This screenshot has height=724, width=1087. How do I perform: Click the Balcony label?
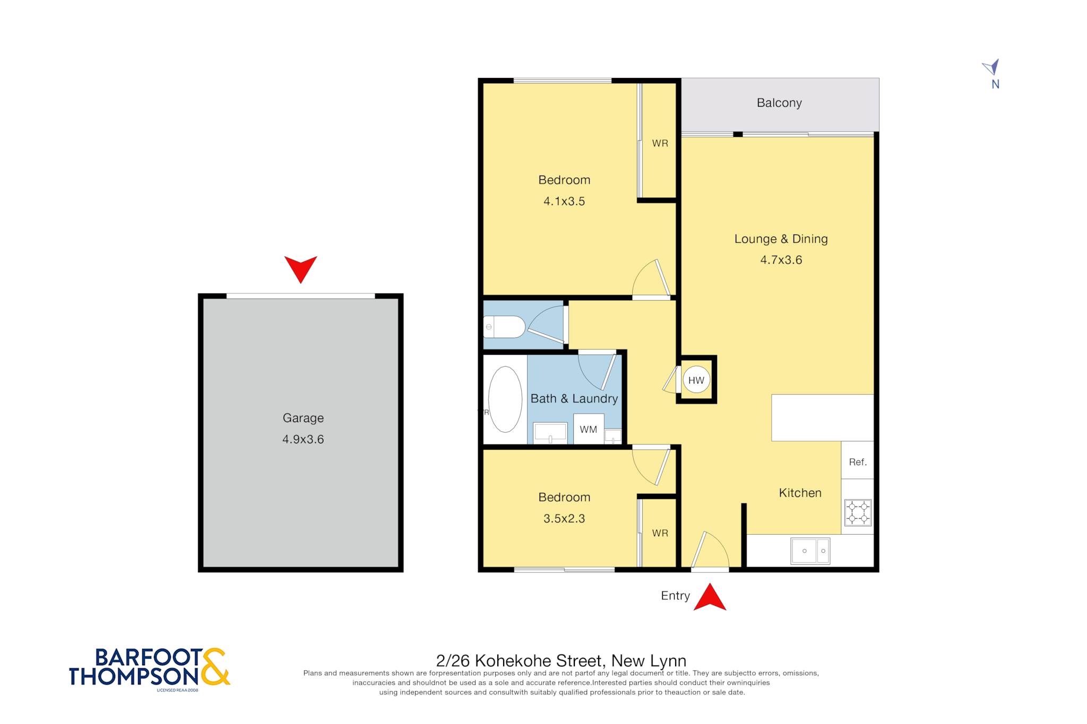779,103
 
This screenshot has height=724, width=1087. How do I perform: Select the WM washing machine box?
588,429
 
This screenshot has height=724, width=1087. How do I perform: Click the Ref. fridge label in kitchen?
857,462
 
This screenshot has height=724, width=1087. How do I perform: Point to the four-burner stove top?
858,512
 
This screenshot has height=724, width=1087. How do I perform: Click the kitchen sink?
810,551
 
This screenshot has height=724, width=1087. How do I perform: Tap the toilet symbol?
504,327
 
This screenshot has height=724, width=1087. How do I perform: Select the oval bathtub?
505,399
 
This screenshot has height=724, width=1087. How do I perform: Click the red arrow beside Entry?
710,597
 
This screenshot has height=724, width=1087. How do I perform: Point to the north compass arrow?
991,67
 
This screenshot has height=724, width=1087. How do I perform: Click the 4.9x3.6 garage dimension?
303,439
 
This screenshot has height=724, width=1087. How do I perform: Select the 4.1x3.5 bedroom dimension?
564,201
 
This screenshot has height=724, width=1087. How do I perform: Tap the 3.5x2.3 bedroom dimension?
564,518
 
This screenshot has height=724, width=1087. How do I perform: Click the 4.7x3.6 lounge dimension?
781,260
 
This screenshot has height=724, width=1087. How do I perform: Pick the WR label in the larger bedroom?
660,143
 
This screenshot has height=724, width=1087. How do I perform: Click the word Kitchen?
800,493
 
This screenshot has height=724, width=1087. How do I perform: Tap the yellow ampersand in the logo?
215,666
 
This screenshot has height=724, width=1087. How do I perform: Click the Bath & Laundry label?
574,398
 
